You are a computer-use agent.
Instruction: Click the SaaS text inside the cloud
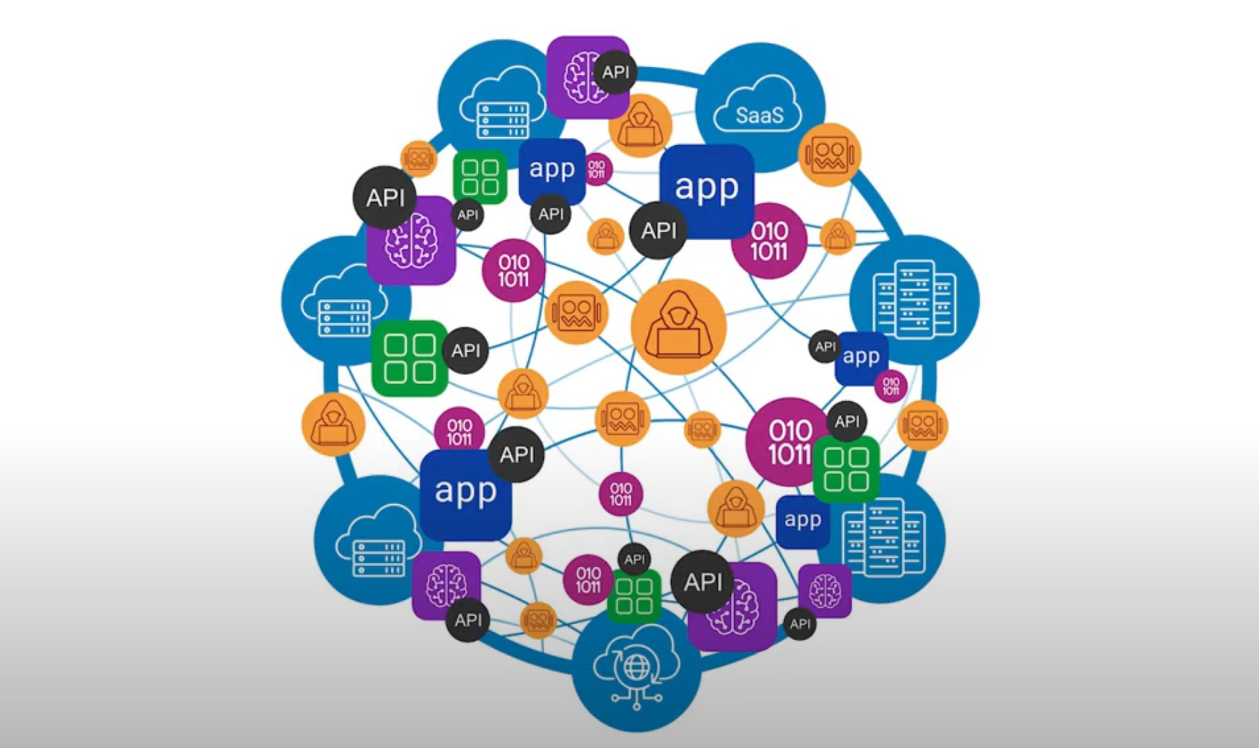pyautogui.click(x=759, y=115)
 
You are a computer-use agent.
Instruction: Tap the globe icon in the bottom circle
pyautogui.click(x=636, y=668)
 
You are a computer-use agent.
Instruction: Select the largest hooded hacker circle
pyautogui.click(x=678, y=327)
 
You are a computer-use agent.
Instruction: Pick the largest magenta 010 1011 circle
pyautogui.click(x=787, y=442)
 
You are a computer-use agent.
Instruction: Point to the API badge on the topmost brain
pyautogui.click(x=615, y=72)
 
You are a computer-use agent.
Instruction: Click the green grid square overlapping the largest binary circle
pyautogui.click(x=846, y=469)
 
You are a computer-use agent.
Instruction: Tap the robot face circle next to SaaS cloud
pyautogui.click(x=830, y=154)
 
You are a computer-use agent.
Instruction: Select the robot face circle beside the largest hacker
pyautogui.click(x=576, y=313)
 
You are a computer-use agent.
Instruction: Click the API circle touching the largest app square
pyautogui.click(x=658, y=230)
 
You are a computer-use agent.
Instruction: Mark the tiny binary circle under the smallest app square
pyautogui.click(x=890, y=387)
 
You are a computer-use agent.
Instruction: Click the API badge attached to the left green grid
pyautogui.click(x=465, y=350)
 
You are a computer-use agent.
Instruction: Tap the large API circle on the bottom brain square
pyautogui.click(x=703, y=581)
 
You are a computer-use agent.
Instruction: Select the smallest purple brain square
pyautogui.click(x=825, y=591)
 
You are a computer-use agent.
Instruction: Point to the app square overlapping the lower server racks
pyautogui.click(x=802, y=520)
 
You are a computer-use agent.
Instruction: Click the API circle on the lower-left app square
pyautogui.click(x=516, y=455)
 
